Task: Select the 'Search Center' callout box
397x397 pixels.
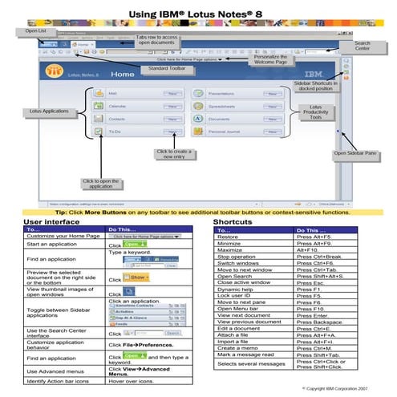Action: [x=362, y=46]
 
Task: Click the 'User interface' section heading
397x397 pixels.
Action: [x=51, y=221]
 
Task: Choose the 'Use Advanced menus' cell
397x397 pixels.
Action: [x=55, y=371]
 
